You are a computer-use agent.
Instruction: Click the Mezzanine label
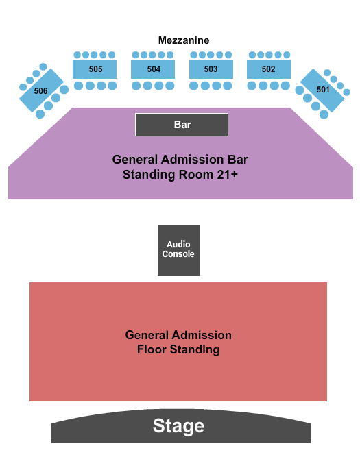point(184,40)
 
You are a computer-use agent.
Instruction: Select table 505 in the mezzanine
point(95,69)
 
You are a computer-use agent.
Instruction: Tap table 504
point(153,69)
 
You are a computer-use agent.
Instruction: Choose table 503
point(211,69)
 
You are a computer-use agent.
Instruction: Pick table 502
point(269,69)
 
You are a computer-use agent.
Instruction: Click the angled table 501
point(322,90)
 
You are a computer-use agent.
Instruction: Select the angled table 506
point(41,90)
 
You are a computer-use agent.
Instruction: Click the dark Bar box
point(182,125)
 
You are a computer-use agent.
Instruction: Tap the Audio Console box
point(179,250)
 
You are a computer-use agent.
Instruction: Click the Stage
point(181,426)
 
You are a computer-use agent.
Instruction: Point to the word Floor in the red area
point(152,349)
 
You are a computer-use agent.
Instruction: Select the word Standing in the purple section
point(149,175)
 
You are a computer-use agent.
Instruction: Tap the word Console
point(178,254)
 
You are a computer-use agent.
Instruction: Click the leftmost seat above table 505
point(77,55)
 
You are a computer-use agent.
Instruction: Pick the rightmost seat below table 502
point(285,86)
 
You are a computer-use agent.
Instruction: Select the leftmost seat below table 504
point(136,86)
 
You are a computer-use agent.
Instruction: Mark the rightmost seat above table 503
point(228,55)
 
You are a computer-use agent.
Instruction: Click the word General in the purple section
point(135,160)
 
